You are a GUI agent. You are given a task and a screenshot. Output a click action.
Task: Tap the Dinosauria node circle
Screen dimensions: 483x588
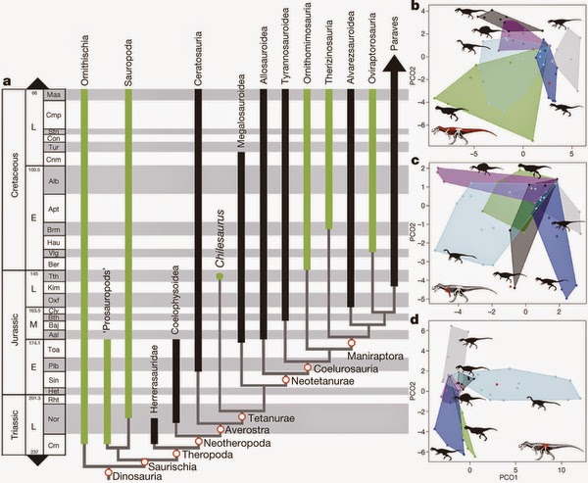point(109,474)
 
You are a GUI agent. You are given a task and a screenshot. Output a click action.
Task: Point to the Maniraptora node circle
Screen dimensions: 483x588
point(352,342)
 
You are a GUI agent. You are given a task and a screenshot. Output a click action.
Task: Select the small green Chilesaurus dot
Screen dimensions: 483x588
point(220,277)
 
